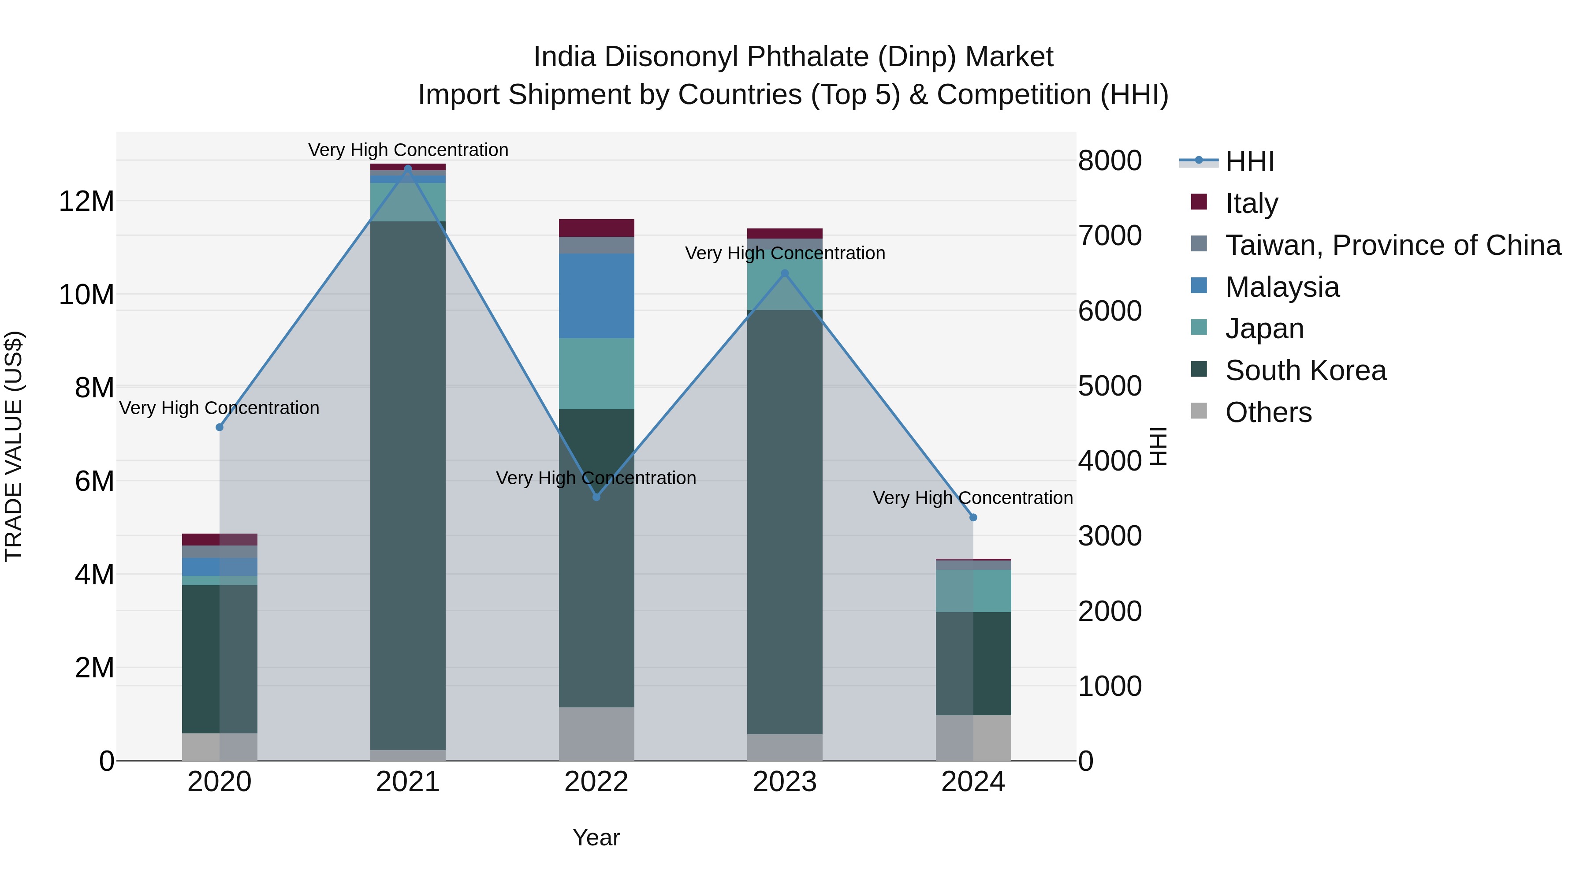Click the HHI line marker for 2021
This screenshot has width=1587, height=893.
(x=407, y=169)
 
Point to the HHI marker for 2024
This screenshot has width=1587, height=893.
(x=973, y=518)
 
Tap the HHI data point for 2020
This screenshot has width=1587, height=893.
(x=220, y=427)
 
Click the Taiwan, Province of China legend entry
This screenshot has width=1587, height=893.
(x=1392, y=245)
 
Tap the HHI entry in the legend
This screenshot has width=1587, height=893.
(x=1249, y=161)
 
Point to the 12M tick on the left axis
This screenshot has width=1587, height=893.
(x=86, y=202)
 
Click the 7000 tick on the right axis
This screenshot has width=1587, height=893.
(x=1109, y=235)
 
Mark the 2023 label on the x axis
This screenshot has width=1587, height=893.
(x=784, y=782)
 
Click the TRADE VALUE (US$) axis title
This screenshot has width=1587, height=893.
(x=14, y=446)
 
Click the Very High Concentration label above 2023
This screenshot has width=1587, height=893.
(x=784, y=253)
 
